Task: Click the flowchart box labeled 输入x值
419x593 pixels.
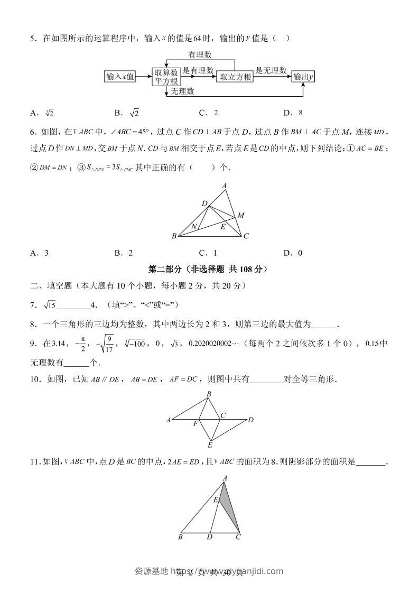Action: [x=120, y=77]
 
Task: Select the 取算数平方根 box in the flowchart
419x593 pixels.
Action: [x=166, y=77]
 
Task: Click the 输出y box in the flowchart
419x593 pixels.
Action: [x=304, y=77]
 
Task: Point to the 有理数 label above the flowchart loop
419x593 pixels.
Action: [x=200, y=54]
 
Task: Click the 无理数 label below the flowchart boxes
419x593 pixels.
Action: [x=182, y=91]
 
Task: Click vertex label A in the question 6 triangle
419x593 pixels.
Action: [x=225, y=186]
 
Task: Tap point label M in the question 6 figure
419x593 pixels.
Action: [x=241, y=215]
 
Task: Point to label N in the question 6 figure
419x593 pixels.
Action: [x=194, y=227]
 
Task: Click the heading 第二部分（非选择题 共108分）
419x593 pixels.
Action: [x=209, y=269]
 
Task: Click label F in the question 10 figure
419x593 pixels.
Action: [x=195, y=424]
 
